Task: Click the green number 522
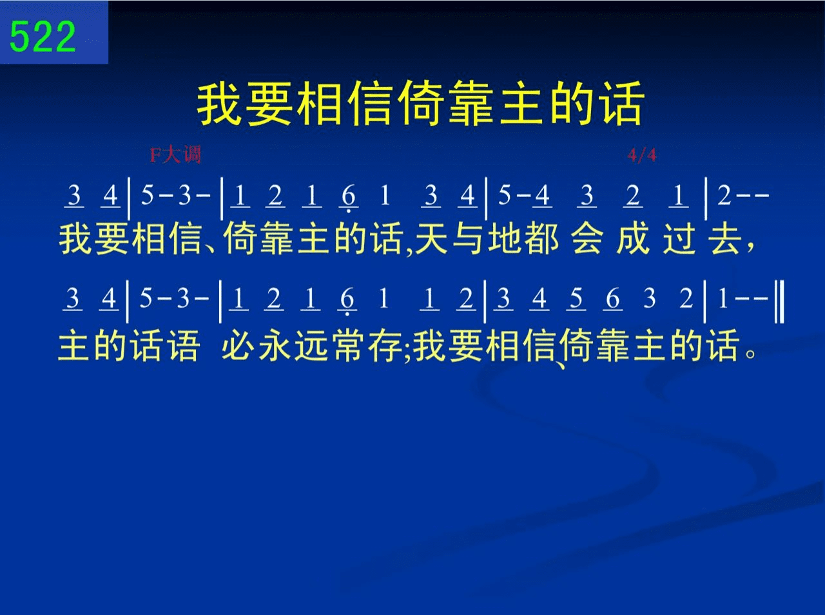click(43, 37)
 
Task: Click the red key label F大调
click(175, 155)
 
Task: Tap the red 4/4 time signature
click(642, 155)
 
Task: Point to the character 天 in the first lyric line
click(431, 239)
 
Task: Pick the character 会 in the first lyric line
click(587, 239)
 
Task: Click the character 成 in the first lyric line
click(633, 239)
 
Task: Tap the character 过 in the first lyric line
click(679, 239)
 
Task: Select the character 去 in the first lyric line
click(724, 239)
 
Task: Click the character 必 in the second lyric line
click(238, 345)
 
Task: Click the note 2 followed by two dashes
click(724, 196)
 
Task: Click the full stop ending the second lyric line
click(751, 354)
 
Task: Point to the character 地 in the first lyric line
click(505, 239)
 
